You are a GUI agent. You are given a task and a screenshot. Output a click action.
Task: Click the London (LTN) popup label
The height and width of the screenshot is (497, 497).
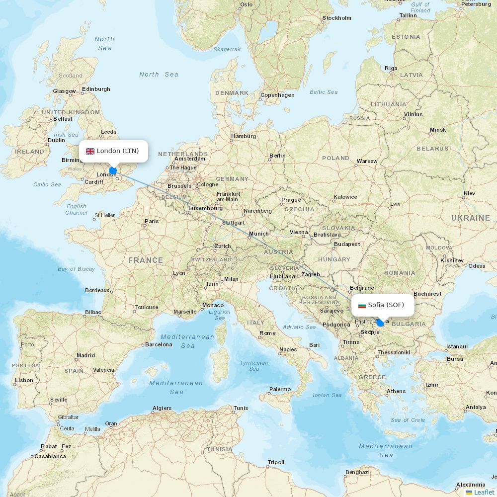coord(118,151)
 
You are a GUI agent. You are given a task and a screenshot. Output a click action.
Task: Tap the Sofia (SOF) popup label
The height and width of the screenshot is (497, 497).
coord(386,305)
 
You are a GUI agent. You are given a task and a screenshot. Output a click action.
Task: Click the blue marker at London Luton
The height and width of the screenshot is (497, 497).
coord(113,170)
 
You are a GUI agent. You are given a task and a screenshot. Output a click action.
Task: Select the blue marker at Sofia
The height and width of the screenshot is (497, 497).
coord(380,323)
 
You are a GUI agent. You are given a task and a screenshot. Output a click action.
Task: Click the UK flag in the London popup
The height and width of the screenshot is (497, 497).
coord(90,151)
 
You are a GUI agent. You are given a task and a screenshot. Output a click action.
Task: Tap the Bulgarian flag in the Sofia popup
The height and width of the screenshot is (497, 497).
coord(362,306)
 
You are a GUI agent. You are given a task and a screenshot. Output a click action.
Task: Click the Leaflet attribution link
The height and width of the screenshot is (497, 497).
coord(484,492)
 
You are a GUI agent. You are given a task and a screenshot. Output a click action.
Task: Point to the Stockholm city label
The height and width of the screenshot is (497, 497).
coord(337,18)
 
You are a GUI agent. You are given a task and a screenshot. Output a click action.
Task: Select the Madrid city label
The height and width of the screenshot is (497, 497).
coord(85,355)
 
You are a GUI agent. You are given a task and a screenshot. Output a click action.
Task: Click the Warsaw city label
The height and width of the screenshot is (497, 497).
coord(367,161)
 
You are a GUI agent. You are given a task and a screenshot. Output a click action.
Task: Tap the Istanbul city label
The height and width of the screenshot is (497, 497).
coord(457,346)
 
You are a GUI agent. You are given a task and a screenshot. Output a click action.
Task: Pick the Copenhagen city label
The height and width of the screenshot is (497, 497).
coord(277,95)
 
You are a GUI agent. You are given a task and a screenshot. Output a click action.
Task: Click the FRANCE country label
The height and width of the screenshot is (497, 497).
coord(145,260)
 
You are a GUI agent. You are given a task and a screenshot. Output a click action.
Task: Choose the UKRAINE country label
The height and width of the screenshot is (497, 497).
coord(470,218)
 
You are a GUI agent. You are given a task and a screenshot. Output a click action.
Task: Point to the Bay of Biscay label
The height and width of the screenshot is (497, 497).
coord(76,269)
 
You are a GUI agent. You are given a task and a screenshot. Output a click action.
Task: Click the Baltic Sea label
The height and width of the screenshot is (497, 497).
coord(324,92)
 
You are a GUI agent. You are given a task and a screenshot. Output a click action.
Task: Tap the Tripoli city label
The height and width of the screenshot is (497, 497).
coord(276,462)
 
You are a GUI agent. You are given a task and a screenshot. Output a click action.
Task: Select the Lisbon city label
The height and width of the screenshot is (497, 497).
coord(24,380)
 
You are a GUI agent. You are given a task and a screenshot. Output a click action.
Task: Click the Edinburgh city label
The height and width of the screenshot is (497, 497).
coord(96,89)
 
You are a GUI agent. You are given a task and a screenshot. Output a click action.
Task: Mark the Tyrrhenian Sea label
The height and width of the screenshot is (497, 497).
coord(254,366)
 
